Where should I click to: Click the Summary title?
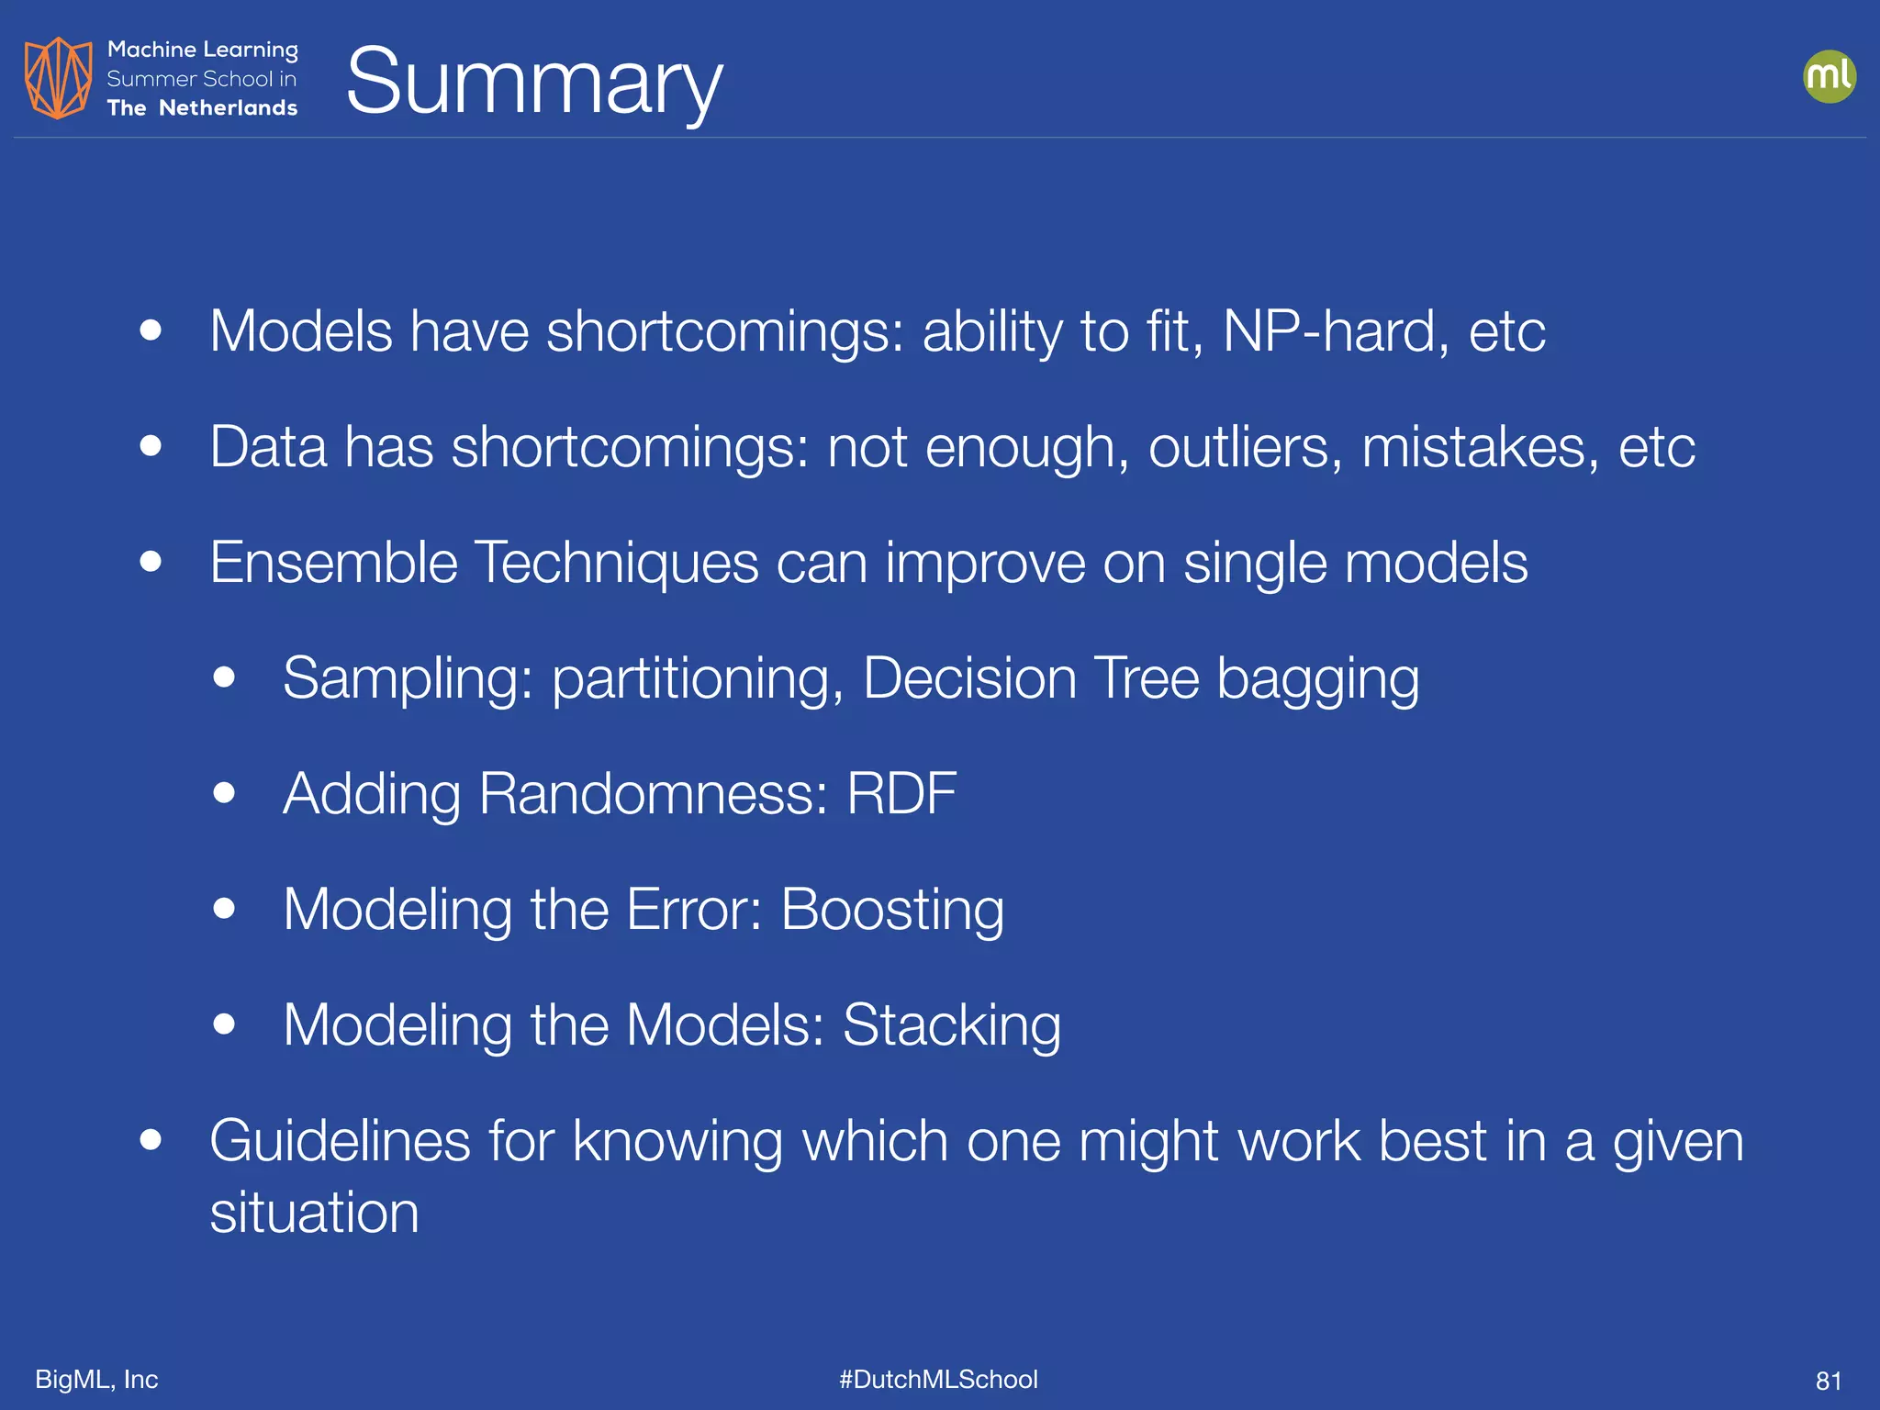(x=534, y=83)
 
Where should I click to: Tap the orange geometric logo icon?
(x=58, y=78)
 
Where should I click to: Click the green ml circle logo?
(x=1829, y=76)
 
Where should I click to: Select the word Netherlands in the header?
(x=228, y=108)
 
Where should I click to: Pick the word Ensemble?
(x=333, y=562)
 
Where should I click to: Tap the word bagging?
(x=1317, y=679)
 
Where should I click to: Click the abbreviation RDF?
(x=901, y=793)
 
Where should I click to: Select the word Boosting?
(x=892, y=910)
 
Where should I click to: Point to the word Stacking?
(x=951, y=1025)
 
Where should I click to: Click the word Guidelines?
(x=340, y=1141)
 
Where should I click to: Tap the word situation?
(x=314, y=1213)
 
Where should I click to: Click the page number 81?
(x=1829, y=1381)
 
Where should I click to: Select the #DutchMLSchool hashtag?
(x=938, y=1380)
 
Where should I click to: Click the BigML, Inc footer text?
(x=96, y=1380)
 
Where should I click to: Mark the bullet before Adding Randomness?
(x=224, y=793)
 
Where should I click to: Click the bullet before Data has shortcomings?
(x=151, y=447)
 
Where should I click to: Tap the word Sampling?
(x=408, y=679)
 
